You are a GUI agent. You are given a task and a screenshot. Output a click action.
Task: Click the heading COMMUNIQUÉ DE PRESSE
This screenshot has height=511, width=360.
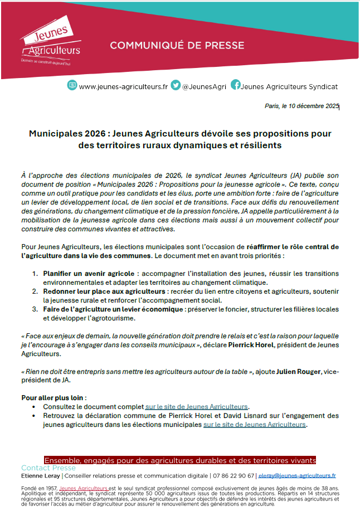pos(177,45)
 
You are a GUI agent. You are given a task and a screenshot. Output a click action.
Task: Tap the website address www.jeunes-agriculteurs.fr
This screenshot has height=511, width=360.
pos(123,87)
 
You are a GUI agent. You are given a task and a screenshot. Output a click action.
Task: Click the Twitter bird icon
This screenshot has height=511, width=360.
pos(176,86)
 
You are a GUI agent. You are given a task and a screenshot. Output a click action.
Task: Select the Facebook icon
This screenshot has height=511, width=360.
pos(236,86)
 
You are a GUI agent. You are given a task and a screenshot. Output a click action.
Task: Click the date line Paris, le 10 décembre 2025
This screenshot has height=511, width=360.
pos(301,106)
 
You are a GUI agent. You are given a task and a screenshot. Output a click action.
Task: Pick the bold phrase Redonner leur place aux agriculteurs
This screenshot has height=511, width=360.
pos(103,291)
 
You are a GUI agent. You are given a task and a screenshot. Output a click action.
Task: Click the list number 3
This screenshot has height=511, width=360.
pos(35,309)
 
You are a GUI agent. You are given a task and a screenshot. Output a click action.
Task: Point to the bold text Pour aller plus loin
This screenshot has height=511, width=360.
pos(53,398)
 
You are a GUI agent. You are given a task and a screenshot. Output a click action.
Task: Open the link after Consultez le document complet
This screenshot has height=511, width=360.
pos(196,407)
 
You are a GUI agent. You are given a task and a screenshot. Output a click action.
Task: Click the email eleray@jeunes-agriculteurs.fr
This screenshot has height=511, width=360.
pos(297,476)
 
